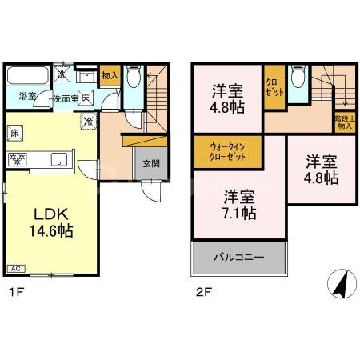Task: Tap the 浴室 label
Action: (x=28, y=97)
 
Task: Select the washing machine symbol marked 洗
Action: (x=62, y=74)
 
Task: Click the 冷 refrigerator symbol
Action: (x=89, y=122)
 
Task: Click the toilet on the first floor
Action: (x=134, y=78)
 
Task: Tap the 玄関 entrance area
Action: (x=150, y=163)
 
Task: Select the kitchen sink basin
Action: (x=59, y=159)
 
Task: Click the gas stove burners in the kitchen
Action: (x=17, y=158)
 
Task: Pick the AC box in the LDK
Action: (x=16, y=267)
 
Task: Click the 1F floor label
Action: (x=14, y=294)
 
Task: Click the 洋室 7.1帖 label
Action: (x=239, y=204)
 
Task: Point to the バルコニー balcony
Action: (x=239, y=258)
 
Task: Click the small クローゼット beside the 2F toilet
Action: (x=274, y=87)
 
